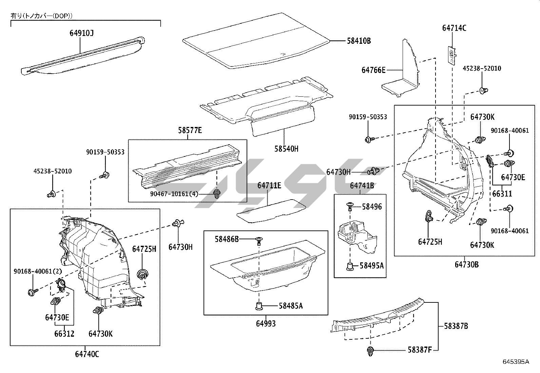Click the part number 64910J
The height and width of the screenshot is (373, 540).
tap(82, 33)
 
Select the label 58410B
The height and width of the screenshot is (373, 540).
tap(359, 41)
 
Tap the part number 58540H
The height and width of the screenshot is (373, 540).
tap(287, 149)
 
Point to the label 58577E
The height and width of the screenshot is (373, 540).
tap(190, 130)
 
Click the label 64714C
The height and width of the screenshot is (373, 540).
tap(454, 28)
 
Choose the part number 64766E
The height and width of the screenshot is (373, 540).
tap(373, 70)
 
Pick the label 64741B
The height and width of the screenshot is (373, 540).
tap(362, 185)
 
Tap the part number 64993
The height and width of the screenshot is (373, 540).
tap(266, 323)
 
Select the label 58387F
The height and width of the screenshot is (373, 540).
tap(420, 350)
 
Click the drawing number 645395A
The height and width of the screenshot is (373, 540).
tap(516, 362)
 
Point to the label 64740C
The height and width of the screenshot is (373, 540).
tap(87, 354)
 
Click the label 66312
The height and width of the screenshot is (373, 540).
tap(64, 334)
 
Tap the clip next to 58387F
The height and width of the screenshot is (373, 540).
tap(370, 351)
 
